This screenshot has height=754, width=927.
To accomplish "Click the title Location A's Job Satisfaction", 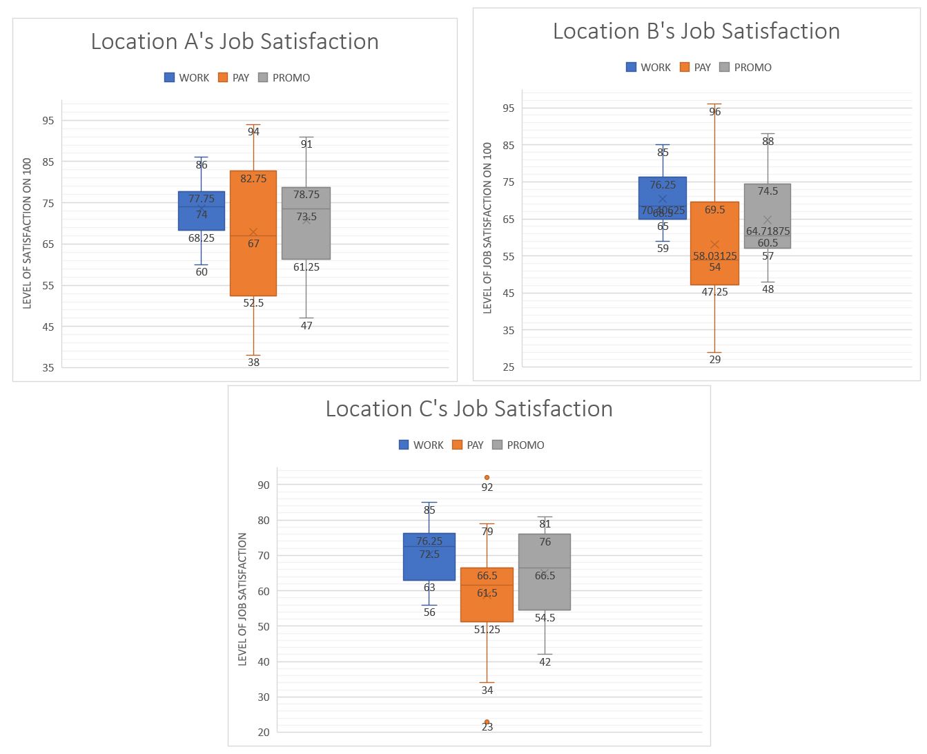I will point(235,41).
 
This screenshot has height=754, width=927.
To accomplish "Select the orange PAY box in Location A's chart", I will point(253,269).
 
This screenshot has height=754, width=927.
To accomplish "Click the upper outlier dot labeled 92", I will point(487,477).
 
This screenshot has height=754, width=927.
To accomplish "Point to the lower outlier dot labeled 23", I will point(487,722).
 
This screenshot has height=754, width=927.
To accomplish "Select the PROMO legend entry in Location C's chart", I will point(518,445).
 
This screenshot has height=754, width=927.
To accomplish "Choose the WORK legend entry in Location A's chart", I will point(187,78).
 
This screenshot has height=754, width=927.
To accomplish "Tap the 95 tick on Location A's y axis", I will point(48,121).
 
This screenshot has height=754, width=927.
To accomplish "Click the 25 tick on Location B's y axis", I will point(509,367).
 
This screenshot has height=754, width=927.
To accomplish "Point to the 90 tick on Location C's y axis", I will point(264,485).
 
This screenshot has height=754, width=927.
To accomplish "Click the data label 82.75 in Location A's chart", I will point(253,179).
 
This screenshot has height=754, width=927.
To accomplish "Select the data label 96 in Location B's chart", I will point(714,112).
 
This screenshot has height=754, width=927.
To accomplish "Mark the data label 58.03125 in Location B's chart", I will point(715,256).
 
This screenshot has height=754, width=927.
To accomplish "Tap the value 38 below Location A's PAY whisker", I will point(253,362).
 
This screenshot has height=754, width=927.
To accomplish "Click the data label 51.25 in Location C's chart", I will point(487,630).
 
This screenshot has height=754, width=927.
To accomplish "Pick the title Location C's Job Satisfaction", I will point(469,409).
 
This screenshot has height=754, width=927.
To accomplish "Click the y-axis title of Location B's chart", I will point(487,228).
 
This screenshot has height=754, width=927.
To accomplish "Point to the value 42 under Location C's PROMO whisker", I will point(545,662).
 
